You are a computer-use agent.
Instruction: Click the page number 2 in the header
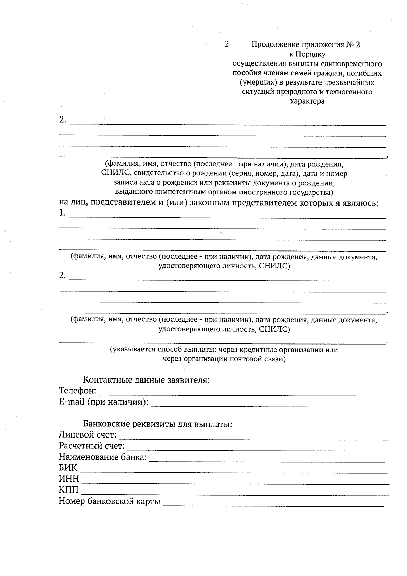click(227, 44)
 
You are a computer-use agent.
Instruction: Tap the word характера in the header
click(307, 101)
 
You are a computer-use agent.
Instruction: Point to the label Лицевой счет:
click(88, 435)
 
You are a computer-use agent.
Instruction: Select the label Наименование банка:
click(102, 457)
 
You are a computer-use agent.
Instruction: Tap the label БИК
click(68, 468)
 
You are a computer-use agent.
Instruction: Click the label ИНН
click(69, 479)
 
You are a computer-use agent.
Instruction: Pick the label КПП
click(69, 490)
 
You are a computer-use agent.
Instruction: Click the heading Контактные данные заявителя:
click(146, 380)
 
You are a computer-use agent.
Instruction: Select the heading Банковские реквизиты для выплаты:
click(157, 424)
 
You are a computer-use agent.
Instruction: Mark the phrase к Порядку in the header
click(307, 54)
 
